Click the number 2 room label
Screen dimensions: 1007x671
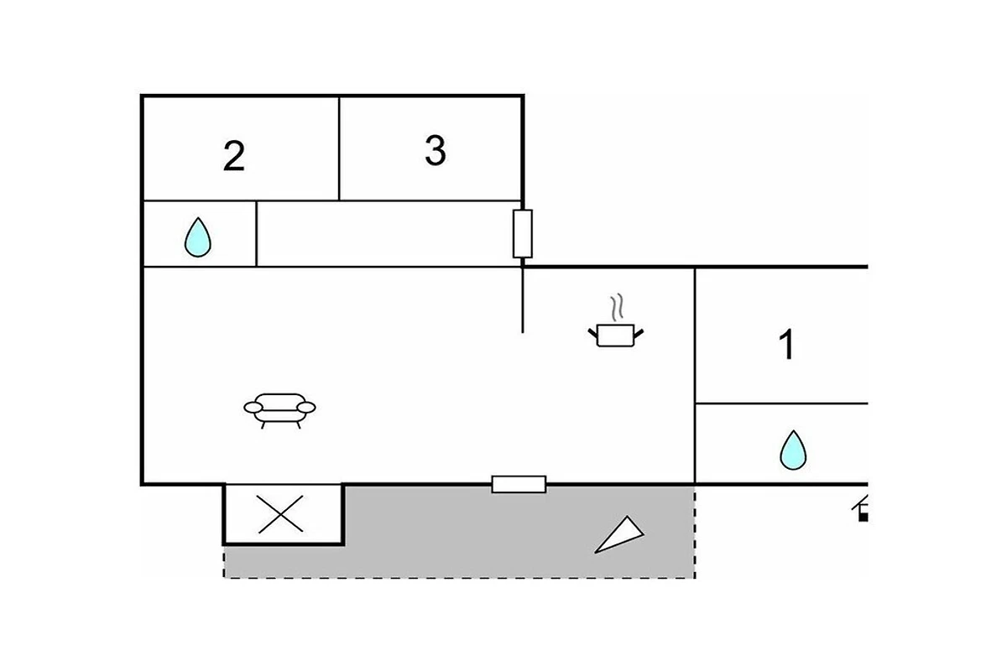pyautogui.click(x=234, y=155)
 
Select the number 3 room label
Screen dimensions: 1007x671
pyautogui.click(x=436, y=151)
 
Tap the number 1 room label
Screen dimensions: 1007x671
pyautogui.click(x=787, y=344)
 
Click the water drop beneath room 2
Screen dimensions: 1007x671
pyautogui.click(x=198, y=237)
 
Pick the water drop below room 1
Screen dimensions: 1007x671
pyautogui.click(x=793, y=450)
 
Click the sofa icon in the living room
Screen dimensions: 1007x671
pyautogui.click(x=279, y=411)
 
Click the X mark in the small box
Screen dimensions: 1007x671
pyautogui.click(x=280, y=514)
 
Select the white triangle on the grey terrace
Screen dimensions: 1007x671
pyautogui.click(x=619, y=535)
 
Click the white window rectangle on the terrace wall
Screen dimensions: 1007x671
pyautogui.click(x=519, y=485)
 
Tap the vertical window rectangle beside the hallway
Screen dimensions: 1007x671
pyautogui.click(x=522, y=234)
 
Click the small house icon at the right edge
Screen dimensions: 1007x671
pyautogui.click(x=860, y=508)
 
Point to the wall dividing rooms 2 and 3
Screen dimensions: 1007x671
pyautogui.click(x=339, y=148)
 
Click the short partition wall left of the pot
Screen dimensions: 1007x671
pyautogui.click(x=522, y=299)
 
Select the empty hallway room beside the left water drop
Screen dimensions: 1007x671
pyautogui.click(x=389, y=234)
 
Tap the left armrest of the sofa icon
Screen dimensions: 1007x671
pyautogui.click(x=253, y=408)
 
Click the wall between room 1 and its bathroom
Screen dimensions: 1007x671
pyautogui.click(x=782, y=403)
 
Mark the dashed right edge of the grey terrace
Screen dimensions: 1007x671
pyautogui.click(x=695, y=531)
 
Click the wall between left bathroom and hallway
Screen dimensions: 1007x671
pyautogui.click(x=256, y=234)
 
